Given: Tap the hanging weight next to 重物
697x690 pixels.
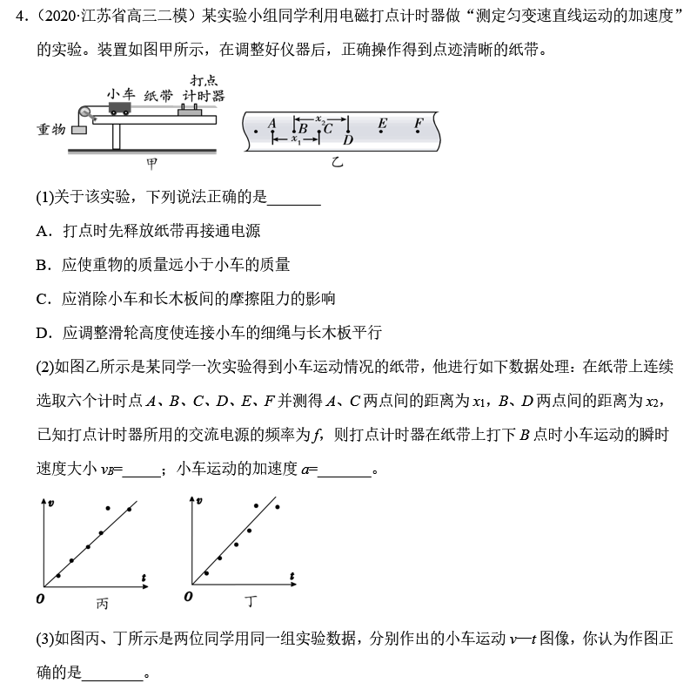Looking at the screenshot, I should [79, 130].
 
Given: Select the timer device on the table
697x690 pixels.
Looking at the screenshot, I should [191, 111].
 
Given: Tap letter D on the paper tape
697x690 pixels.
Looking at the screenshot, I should [348, 139].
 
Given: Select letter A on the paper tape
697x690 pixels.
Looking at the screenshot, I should [272, 124].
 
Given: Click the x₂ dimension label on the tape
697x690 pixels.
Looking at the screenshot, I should [319, 117].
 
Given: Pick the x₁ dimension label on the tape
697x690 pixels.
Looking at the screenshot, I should [296, 138].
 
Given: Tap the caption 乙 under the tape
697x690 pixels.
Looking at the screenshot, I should [338, 163].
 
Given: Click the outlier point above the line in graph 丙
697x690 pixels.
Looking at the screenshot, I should [106, 507].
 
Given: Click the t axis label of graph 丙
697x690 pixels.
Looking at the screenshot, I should [143, 576].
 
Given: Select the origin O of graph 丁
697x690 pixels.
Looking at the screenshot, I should [188, 597].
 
